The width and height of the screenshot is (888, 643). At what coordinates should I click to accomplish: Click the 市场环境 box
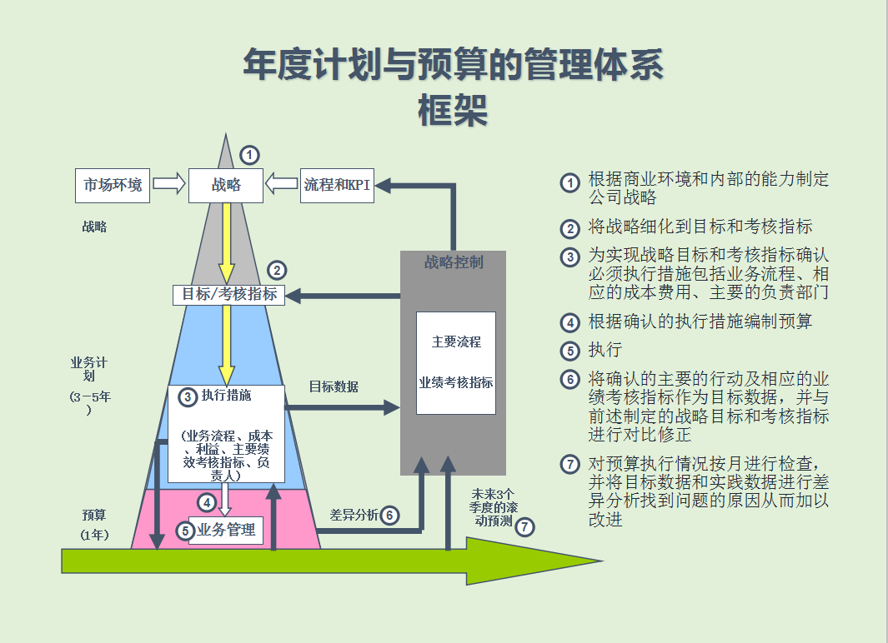pos(113,185)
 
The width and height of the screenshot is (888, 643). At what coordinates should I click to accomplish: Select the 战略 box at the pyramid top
pos(226,185)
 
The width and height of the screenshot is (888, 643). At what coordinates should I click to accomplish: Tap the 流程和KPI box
pos(337,185)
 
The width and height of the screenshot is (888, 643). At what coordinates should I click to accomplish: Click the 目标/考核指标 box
pos(229,294)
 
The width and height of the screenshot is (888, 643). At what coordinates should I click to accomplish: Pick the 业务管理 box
pos(226,530)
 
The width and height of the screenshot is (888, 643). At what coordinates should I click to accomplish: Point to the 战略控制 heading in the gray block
pos(454,262)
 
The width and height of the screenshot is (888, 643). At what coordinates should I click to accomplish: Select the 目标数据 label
pos(334,386)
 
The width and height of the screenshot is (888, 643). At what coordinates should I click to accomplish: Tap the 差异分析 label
pos(354,515)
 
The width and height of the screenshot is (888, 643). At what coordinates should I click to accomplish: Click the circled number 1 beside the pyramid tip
pos(249,155)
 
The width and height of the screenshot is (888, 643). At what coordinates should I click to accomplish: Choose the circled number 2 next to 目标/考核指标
pos(277,270)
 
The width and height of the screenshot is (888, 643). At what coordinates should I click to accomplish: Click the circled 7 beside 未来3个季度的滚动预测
pos(524,526)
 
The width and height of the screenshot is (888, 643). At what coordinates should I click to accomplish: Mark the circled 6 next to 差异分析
pos(389,516)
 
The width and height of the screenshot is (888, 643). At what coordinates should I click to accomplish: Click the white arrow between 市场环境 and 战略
pos(169,184)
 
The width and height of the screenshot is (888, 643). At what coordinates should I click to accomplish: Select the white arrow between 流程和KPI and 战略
pos(282,184)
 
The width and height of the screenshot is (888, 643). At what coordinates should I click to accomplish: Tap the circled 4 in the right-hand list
pos(570,322)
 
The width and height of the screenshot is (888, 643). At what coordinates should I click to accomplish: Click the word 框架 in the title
pos(453,110)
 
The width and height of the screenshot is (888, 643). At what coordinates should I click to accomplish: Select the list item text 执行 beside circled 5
pos(605,350)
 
